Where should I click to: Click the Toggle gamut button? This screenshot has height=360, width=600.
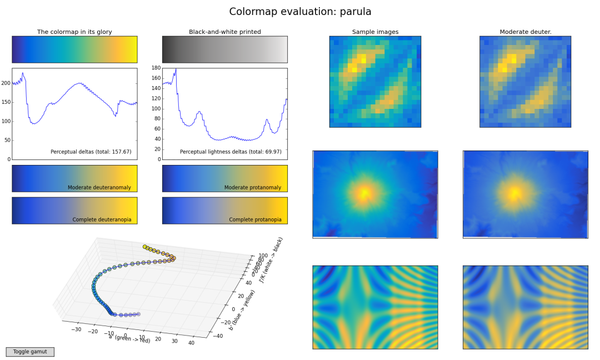[x=30, y=352]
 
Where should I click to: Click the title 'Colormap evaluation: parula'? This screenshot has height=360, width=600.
[x=300, y=12]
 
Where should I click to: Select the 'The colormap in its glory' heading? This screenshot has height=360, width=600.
[x=74, y=32]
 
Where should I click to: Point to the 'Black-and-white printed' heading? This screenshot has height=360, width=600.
[x=224, y=32]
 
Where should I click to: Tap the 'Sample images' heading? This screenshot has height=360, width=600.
[x=375, y=32]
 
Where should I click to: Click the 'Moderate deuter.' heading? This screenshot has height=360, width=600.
[x=525, y=32]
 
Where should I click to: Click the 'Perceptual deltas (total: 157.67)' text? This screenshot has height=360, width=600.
[x=91, y=152]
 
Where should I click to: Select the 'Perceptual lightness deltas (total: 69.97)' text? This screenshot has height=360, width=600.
[x=231, y=152]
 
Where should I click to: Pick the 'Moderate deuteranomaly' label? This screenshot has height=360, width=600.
[x=99, y=187]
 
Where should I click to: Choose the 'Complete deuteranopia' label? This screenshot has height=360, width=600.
[x=102, y=219]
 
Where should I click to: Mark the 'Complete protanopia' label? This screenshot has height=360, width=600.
[x=255, y=219]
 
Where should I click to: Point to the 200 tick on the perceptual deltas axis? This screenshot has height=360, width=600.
[x=6, y=83]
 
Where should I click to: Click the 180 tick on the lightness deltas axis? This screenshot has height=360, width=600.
[x=156, y=68]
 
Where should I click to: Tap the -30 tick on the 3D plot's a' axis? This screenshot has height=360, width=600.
[x=77, y=329]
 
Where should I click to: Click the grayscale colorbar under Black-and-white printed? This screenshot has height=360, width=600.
[x=224, y=49]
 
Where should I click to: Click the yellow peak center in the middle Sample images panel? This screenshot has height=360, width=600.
[x=364, y=193]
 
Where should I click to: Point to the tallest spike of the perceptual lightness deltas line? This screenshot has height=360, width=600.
[x=176, y=69]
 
